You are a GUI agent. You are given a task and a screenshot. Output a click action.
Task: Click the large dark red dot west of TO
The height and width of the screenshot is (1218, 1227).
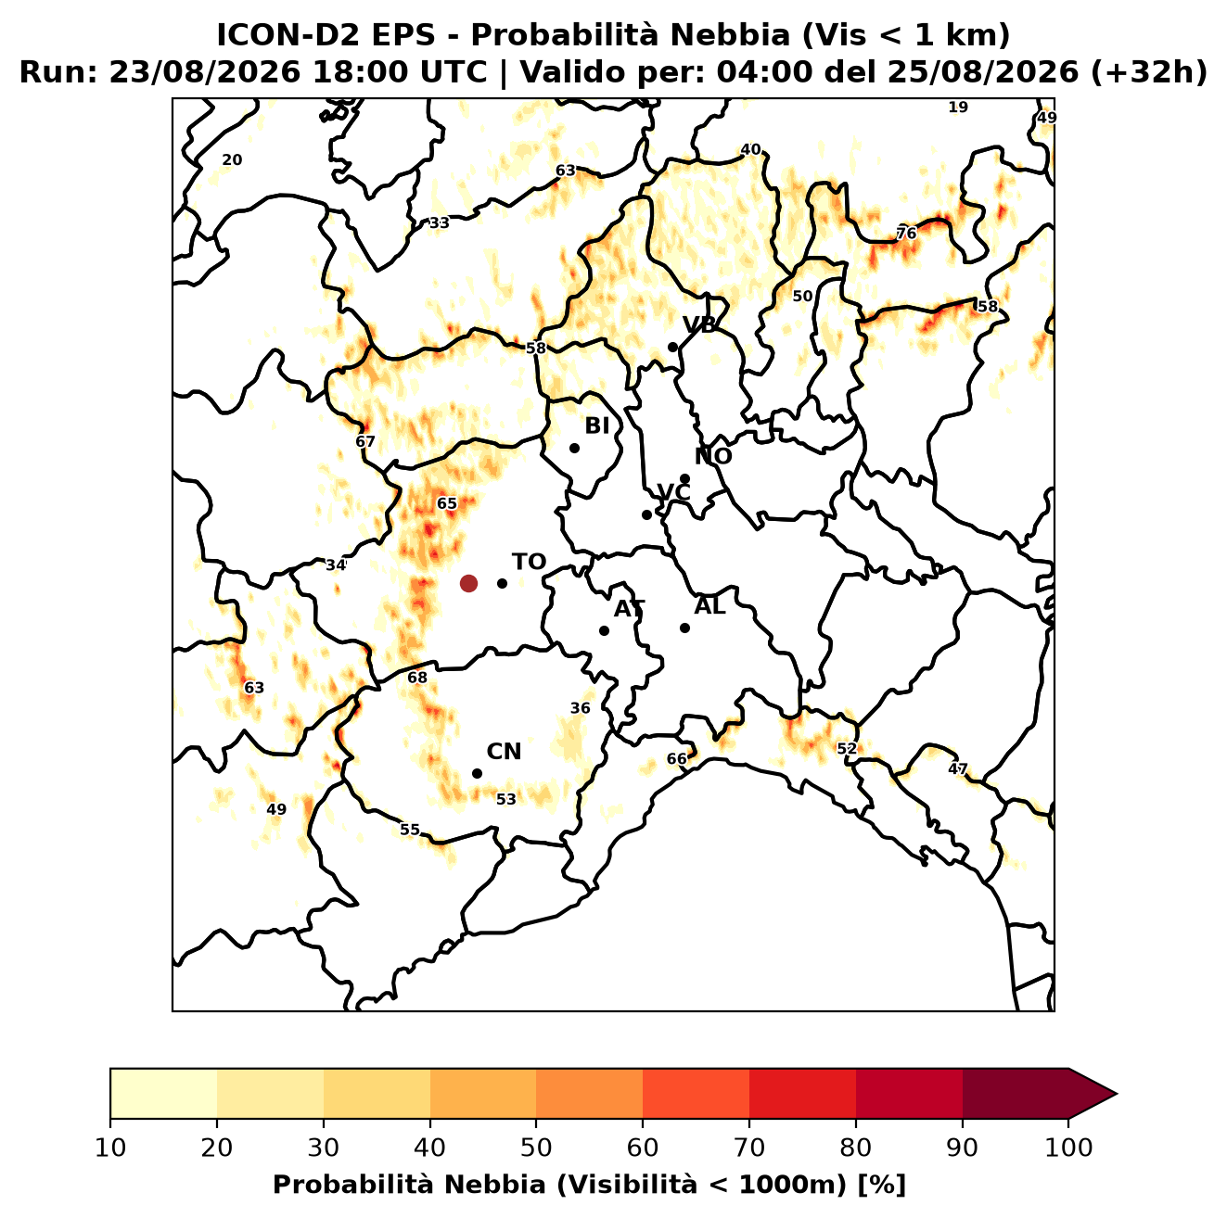468,583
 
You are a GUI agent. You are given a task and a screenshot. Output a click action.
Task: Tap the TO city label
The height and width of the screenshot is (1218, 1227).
530,563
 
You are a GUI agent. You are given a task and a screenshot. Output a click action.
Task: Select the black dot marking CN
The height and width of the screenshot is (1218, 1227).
477,774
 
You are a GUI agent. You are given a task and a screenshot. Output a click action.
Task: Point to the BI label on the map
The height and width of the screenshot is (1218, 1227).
597,426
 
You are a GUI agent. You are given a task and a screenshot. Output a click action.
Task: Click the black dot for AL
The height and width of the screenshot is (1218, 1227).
685,628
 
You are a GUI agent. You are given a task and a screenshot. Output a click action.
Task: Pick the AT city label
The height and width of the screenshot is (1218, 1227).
629,609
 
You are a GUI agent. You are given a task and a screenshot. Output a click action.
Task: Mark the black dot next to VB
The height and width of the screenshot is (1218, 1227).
673,347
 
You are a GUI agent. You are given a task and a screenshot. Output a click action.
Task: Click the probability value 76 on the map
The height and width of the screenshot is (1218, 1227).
906,234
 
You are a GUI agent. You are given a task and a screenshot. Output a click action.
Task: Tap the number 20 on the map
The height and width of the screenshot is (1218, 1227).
233,160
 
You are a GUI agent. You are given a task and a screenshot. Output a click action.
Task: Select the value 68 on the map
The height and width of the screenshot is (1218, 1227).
417,679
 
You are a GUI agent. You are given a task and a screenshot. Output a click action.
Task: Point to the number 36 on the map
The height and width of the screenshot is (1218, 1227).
580,708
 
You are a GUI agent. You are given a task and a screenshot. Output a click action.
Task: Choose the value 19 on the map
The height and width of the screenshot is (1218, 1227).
958,108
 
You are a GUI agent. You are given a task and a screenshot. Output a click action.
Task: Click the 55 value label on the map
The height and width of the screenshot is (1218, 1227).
410,830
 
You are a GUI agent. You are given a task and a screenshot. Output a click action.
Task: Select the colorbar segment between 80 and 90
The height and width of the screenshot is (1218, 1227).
909,1094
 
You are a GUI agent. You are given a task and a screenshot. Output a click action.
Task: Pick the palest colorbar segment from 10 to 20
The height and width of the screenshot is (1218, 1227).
163,1094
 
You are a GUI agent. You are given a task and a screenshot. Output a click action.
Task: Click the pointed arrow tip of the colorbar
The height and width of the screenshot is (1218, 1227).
1117,1094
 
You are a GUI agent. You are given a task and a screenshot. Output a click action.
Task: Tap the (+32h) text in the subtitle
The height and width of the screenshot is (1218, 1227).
1149,72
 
